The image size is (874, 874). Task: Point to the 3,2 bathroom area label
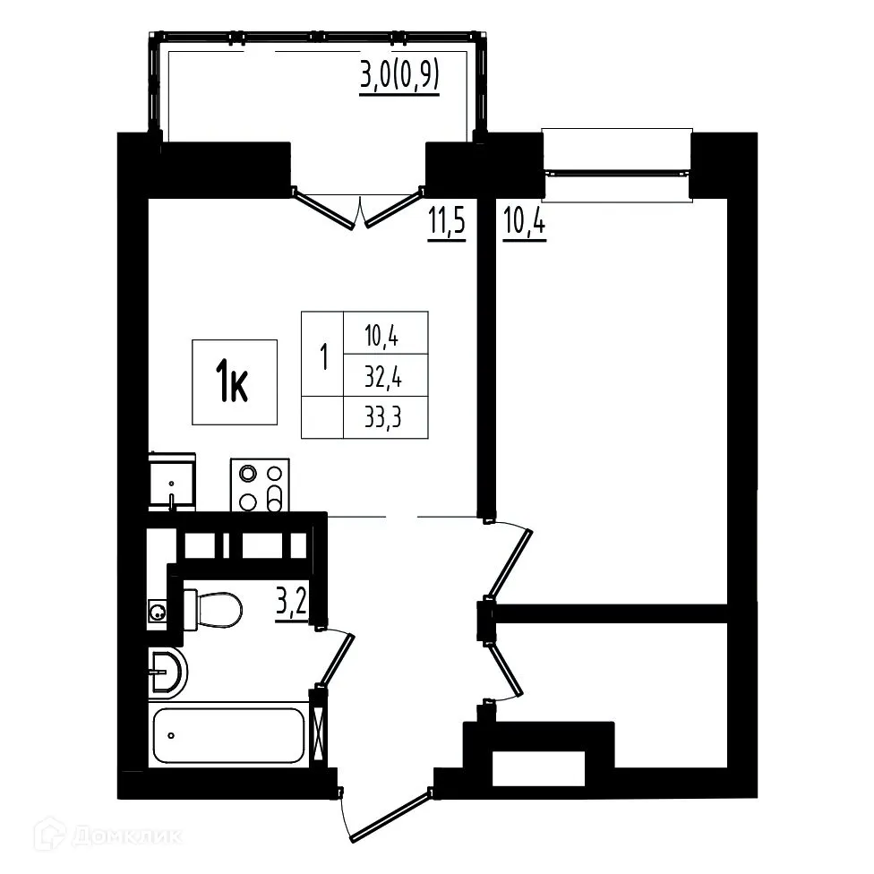point(291,604)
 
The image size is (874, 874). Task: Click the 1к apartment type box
point(235,382)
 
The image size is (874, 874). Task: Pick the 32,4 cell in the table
point(385,376)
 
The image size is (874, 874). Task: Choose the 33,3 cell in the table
point(385,417)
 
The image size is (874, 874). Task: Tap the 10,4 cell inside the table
point(385,335)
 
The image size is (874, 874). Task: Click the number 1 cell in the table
point(322,356)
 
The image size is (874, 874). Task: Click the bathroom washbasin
point(168,672)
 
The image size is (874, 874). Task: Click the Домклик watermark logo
point(107,836)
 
